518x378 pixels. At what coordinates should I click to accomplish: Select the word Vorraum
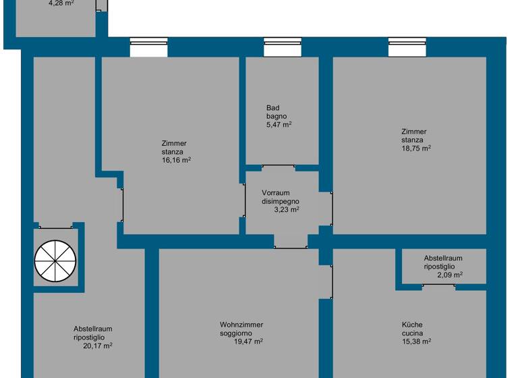click(x=276, y=193)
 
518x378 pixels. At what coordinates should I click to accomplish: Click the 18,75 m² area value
click(x=416, y=148)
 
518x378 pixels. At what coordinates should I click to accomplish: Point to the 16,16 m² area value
click(x=176, y=161)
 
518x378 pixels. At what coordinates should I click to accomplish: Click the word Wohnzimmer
click(x=241, y=325)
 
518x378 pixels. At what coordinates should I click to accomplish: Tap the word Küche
click(x=413, y=325)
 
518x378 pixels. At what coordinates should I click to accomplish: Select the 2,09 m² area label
click(x=449, y=275)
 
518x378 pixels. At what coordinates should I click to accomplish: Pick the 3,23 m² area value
click(x=286, y=210)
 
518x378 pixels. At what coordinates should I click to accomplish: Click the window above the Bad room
click(x=283, y=47)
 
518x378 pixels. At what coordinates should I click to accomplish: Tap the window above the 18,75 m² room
click(x=407, y=47)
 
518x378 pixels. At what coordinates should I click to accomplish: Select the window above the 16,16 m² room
click(x=148, y=47)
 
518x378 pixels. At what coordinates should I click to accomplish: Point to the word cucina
click(x=412, y=333)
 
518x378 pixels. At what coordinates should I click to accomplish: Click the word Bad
click(x=272, y=108)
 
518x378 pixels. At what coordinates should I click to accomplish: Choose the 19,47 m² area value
click(x=248, y=342)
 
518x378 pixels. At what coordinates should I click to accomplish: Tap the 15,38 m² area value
click(x=416, y=342)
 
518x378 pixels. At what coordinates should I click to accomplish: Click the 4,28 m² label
click(x=61, y=3)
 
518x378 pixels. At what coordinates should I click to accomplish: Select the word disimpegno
click(x=281, y=201)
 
